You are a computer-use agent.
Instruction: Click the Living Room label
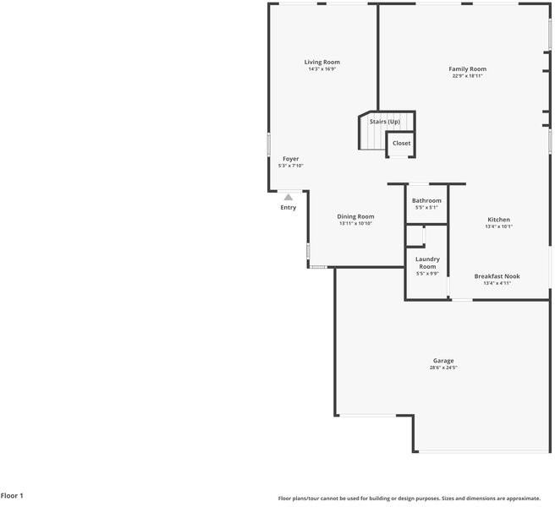(x=322, y=62)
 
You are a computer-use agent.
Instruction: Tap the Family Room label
(x=467, y=68)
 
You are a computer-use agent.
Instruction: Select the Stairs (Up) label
(x=385, y=122)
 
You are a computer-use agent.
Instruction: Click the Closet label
(x=401, y=143)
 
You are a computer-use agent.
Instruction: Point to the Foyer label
(x=290, y=158)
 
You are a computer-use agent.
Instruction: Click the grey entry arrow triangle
(x=288, y=197)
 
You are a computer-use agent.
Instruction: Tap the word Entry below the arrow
(x=288, y=207)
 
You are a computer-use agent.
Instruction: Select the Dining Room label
(x=355, y=216)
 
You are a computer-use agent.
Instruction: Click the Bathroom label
(x=426, y=200)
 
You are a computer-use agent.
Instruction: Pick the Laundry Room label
(x=426, y=262)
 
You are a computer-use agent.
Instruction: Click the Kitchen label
(x=498, y=220)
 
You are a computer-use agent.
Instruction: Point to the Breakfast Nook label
(x=497, y=276)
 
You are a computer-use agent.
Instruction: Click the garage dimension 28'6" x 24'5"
(x=443, y=368)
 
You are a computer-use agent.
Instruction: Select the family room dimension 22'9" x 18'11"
(x=467, y=76)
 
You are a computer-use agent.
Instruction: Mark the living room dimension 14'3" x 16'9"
(x=322, y=69)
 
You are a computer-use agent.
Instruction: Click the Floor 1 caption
(x=12, y=495)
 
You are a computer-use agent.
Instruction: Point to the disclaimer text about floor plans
(x=415, y=499)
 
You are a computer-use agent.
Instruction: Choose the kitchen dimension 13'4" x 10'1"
(x=498, y=226)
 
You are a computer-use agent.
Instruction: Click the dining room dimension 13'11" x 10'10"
(x=355, y=223)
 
